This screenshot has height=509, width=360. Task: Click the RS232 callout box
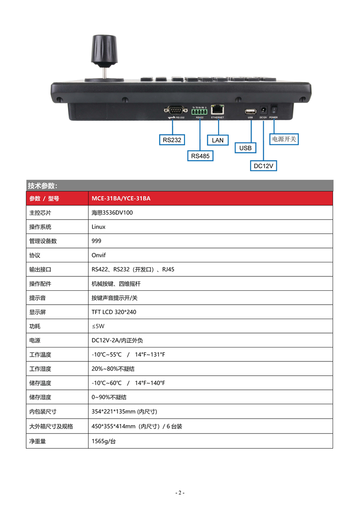pos(172,140)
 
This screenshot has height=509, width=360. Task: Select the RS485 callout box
pos(200,156)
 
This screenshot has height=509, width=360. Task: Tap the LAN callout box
pos(217,140)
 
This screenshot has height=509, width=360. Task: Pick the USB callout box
pos(245,148)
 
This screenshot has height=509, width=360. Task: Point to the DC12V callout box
pos(263,166)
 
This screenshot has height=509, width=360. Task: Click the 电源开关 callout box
pos(284,139)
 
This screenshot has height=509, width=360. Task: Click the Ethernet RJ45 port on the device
pos(218,109)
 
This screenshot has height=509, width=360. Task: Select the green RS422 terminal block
pos(199,111)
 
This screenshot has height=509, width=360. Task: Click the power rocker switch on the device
pos(274,109)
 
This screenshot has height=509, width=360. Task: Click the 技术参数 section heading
pos(42,186)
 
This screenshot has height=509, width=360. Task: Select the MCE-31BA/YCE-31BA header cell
pos(121,198)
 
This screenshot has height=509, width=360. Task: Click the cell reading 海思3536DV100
pos(112,213)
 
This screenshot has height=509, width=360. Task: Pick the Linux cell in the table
pos(99,227)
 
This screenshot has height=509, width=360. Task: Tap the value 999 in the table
pos(96,241)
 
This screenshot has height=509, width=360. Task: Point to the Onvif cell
pos(99,255)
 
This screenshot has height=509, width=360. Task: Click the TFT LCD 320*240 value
pos(114,312)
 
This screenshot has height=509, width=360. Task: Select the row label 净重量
pos(37,441)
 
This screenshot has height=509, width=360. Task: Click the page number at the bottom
pos(180,492)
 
